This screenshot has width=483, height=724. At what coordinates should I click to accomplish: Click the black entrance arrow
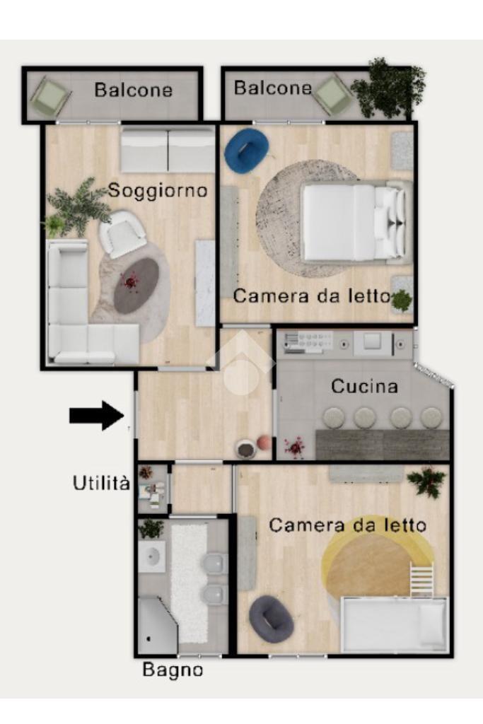point(97,416)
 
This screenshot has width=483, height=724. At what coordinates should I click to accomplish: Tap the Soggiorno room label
point(158,190)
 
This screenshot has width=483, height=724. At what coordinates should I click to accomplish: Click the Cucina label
point(365,387)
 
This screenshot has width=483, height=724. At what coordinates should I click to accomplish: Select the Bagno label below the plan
point(173,670)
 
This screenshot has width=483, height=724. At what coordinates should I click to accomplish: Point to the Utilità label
point(101,483)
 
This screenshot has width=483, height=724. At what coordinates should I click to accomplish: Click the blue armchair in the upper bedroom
point(247,150)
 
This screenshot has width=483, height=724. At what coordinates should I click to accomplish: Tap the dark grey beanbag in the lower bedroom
point(271,619)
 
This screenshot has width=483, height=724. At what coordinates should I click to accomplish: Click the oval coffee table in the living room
point(136,286)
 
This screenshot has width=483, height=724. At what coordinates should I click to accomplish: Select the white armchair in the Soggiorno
point(123,234)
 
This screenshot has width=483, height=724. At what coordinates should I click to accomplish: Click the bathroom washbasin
point(152,557)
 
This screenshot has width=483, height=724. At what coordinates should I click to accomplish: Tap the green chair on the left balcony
point(51,96)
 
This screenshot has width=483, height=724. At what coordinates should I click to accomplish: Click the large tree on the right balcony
point(387,88)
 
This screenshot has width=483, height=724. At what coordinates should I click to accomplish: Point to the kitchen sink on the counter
point(372,341)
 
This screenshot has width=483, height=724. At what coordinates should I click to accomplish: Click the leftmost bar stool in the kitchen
point(334,418)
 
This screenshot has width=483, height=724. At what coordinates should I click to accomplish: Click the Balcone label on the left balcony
point(134,90)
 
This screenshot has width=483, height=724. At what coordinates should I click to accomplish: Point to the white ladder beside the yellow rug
point(422,579)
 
